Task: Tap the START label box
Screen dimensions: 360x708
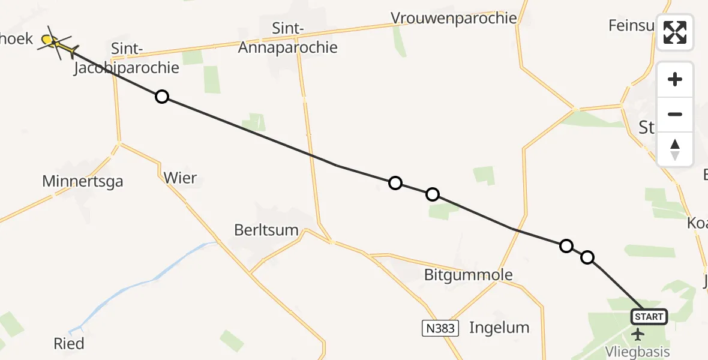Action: (x=649, y=316)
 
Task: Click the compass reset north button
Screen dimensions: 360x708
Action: (x=675, y=149)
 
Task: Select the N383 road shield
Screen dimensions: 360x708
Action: (x=440, y=328)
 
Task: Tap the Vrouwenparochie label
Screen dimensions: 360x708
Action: (x=454, y=18)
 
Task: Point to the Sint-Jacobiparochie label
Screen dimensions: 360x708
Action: (x=127, y=58)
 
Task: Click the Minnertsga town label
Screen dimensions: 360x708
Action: (x=83, y=181)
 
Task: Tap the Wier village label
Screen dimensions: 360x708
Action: (x=180, y=178)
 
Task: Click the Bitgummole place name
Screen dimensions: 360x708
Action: (x=469, y=275)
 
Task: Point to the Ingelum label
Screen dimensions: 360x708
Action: (x=499, y=328)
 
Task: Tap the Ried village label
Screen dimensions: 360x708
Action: (x=68, y=344)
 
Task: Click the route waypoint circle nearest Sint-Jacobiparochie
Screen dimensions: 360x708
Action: (x=161, y=97)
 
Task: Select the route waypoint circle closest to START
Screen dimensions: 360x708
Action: (x=587, y=257)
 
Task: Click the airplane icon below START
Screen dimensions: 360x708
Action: (x=638, y=334)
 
